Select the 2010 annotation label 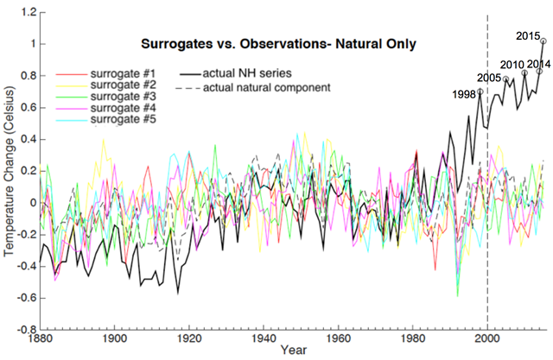[x=513, y=66]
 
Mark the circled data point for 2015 [x=543, y=41]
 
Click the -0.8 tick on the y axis [x=25, y=330]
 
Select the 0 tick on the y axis [x=32, y=203]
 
